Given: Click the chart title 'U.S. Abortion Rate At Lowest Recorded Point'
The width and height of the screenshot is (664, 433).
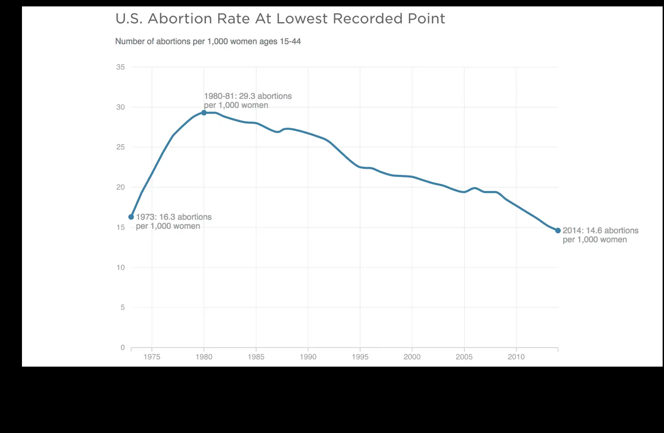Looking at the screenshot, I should [280, 19].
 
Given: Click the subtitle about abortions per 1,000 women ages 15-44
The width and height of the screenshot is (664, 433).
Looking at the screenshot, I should [208, 42].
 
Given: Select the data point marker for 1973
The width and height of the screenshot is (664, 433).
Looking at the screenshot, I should [131, 217].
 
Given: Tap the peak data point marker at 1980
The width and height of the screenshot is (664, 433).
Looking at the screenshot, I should [204, 113].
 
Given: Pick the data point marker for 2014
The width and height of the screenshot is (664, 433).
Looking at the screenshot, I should [558, 231].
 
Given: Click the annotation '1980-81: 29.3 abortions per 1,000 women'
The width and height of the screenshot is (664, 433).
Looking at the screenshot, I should [248, 101].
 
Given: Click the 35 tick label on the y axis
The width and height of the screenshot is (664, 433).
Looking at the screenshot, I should [120, 67].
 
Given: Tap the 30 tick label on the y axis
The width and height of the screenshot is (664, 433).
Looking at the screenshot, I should [120, 107].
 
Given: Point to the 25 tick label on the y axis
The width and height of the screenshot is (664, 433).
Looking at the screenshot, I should [120, 147].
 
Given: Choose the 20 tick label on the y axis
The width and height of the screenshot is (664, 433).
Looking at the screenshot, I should [120, 187].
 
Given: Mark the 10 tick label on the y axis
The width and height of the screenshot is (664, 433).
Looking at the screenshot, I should [120, 267].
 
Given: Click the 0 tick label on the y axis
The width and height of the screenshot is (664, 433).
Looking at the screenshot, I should [123, 347].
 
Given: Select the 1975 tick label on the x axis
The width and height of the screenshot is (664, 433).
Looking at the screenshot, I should [151, 357].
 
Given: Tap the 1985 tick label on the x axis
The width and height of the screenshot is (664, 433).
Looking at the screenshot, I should [256, 357].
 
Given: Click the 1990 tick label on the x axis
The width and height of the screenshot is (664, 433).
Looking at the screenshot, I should [308, 357].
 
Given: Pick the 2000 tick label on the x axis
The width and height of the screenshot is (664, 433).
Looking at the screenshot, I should [412, 357].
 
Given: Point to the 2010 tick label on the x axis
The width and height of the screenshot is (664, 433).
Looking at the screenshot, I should [516, 357].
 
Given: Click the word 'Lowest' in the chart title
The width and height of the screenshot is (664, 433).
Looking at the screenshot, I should [302, 19].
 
